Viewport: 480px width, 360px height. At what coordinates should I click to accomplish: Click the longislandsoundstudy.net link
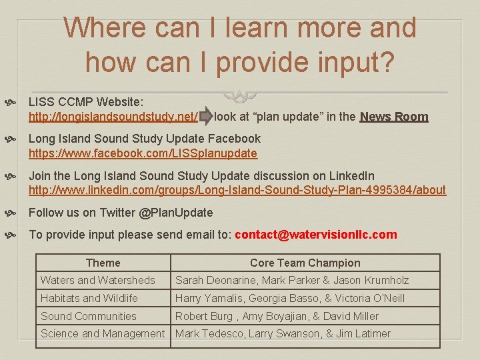pos(113,117)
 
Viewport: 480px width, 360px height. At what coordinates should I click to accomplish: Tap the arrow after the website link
pos(206,117)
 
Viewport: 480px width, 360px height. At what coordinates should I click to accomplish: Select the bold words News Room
pos(394,117)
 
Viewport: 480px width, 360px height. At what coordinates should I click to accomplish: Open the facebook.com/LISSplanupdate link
pos(143,154)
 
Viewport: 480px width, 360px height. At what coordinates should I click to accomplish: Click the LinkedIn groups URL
pos(237,191)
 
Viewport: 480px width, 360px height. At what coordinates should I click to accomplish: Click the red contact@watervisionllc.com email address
pos(315,235)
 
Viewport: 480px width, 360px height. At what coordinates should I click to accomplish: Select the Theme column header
pos(103,263)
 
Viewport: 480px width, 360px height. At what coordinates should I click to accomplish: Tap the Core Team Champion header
pos(305,263)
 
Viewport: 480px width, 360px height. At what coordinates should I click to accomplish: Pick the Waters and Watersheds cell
pos(97,281)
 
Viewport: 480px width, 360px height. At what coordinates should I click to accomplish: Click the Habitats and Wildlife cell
pos(89,298)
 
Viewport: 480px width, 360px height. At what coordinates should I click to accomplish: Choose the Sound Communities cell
pos(88,316)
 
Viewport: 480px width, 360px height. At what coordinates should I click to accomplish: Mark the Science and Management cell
pos(103,333)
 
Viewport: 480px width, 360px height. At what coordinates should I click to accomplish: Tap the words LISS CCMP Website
pos(85,102)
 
